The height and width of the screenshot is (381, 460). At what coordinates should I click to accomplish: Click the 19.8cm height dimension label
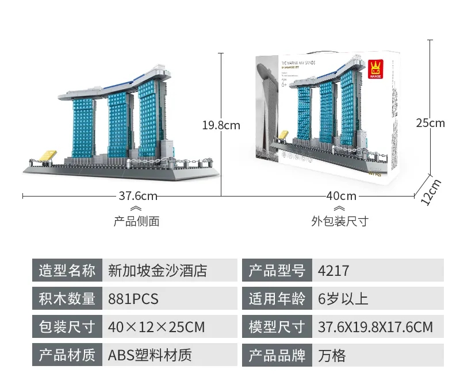[x=221, y=125]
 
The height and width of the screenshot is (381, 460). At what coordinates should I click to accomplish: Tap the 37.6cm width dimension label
[x=138, y=196]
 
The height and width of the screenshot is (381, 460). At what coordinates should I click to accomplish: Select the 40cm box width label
[x=341, y=196]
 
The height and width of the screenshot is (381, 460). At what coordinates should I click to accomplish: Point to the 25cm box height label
[x=431, y=122]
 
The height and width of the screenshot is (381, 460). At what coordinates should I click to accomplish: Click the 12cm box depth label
[x=431, y=191]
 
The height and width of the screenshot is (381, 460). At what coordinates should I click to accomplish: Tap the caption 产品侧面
[x=136, y=221]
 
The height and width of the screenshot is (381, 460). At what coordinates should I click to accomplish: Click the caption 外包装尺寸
[x=340, y=221]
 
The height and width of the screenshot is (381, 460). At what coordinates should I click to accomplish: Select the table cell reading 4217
[x=333, y=270]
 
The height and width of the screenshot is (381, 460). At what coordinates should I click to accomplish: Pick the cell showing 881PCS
[x=133, y=299]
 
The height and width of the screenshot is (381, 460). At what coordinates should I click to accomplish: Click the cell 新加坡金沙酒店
[x=157, y=270]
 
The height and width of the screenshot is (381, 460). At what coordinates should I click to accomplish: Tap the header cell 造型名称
[x=67, y=270]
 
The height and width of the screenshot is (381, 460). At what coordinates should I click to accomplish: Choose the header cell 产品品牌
[x=277, y=355]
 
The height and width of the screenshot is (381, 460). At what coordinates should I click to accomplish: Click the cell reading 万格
[x=332, y=355]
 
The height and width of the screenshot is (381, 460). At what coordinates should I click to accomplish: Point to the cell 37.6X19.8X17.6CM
[x=375, y=327]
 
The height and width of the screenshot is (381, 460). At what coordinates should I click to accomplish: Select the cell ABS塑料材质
[x=149, y=355]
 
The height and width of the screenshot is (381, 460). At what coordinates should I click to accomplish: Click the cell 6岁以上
[x=343, y=299]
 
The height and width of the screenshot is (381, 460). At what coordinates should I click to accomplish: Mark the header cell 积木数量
[x=67, y=299]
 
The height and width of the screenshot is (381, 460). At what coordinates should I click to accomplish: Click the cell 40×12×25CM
[x=156, y=327]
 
